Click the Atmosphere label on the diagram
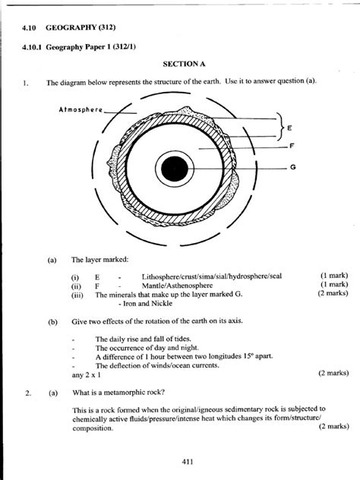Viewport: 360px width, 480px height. point(80,109)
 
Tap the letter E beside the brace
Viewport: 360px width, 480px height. point(289,129)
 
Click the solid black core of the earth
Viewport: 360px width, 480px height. point(175,167)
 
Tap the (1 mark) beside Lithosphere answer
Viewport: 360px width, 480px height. point(334,276)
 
